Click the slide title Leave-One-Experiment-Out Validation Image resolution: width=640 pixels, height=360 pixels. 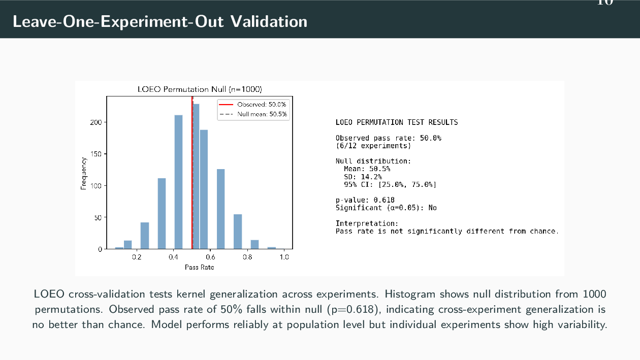point(160,22)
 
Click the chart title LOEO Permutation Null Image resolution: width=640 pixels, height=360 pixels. point(200,89)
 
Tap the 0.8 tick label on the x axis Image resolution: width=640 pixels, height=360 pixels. point(247,257)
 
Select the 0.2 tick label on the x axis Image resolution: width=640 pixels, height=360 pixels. point(137,257)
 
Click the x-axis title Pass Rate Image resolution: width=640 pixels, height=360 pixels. point(199,267)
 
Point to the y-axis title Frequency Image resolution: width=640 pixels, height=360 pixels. point(83,173)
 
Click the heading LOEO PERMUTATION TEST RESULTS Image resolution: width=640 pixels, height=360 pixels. point(396,122)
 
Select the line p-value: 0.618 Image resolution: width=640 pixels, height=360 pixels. point(365,200)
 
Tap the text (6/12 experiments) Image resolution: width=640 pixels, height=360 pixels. point(373,146)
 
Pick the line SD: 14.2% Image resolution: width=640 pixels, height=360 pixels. point(363,177)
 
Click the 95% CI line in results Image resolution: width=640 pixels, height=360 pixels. point(390,184)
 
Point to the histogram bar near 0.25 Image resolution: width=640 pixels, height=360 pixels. point(145,236)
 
